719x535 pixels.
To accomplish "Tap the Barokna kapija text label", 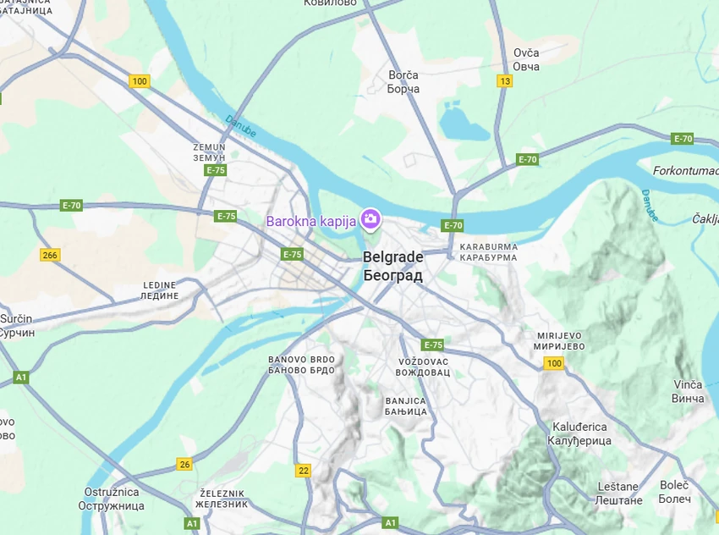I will [310, 221].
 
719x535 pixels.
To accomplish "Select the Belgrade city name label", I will [392, 266].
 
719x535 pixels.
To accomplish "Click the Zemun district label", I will [209, 152].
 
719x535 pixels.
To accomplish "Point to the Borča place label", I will [403, 82].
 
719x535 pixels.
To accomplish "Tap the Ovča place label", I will [526, 59].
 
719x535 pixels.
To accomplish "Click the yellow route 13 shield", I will [505, 81].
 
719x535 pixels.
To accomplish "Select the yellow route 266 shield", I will [50, 255].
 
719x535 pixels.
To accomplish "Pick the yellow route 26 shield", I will [184, 464].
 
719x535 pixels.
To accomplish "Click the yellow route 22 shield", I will [304, 470].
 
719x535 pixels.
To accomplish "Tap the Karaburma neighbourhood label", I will [488, 251].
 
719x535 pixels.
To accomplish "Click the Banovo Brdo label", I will [301, 365].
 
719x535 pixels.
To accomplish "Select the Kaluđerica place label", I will [581, 433].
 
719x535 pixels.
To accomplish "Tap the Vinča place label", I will [688, 391].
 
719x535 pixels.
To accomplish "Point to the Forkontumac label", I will [685, 170].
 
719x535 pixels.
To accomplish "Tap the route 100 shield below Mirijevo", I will [554, 363].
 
